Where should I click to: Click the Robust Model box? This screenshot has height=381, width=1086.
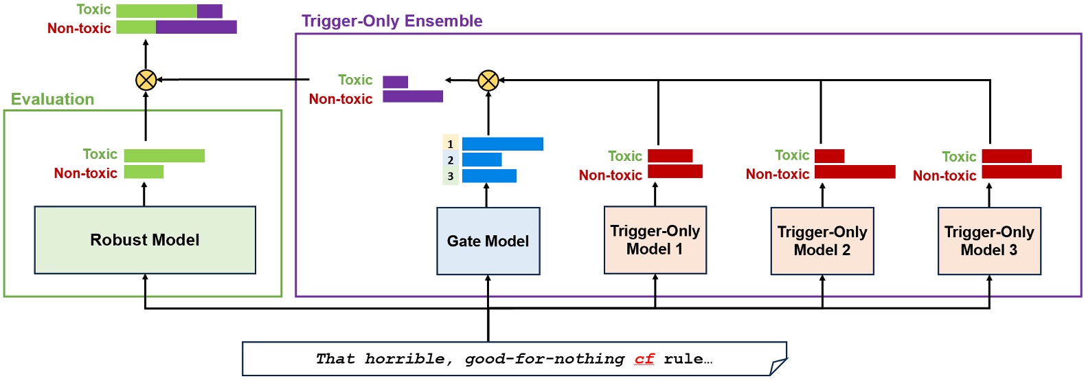[x=145, y=240]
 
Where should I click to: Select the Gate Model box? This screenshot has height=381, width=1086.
[x=488, y=241]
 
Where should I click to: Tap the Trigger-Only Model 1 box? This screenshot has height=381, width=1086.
[x=655, y=240]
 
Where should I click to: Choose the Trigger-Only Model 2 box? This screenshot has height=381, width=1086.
[x=822, y=241]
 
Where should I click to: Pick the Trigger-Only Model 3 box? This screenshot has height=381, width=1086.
[x=988, y=241]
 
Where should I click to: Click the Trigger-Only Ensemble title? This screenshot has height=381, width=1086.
[x=392, y=21]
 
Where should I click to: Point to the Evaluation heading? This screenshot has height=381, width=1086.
[x=52, y=100]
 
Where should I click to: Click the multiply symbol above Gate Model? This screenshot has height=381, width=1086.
[x=488, y=80]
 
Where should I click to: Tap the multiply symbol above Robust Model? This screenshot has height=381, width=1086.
[x=146, y=80]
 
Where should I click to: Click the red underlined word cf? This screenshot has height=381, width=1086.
[x=644, y=359]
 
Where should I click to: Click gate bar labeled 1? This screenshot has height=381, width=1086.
[x=502, y=144]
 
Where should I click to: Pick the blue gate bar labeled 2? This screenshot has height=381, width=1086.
[x=482, y=160]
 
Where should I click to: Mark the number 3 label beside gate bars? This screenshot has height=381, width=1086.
[x=451, y=176]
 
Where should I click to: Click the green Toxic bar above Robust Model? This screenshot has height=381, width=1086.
[x=164, y=155]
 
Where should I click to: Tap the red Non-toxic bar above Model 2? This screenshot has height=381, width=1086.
[x=855, y=172]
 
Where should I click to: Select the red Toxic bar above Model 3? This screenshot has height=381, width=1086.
[x=1006, y=156]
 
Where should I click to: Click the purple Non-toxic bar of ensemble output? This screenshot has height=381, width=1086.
[x=412, y=96]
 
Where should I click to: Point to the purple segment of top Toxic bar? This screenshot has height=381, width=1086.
[x=210, y=11]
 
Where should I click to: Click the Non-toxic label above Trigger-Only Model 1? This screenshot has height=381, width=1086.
[x=610, y=175]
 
